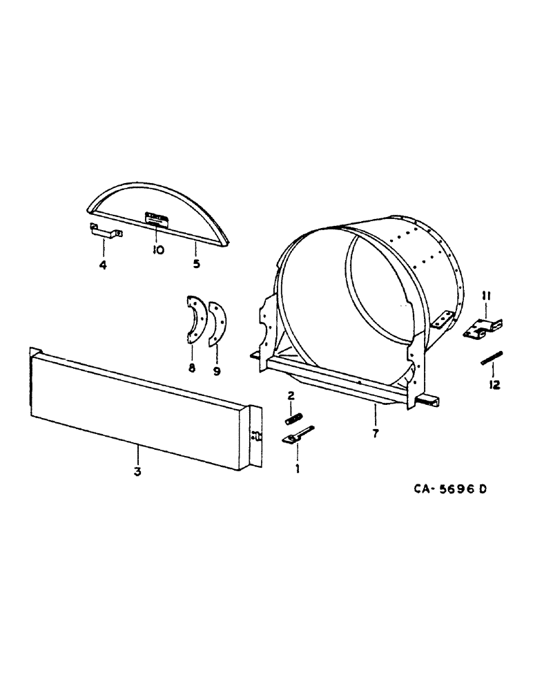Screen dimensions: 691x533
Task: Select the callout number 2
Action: point(291,395)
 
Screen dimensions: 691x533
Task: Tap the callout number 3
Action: point(137,472)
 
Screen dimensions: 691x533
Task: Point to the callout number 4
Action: point(103,264)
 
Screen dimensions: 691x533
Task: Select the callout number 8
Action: point(192,368)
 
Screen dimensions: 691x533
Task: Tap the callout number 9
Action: point(218,370)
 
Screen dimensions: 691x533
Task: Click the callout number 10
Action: point(158,250)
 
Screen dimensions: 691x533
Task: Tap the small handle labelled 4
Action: point(104,232)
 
